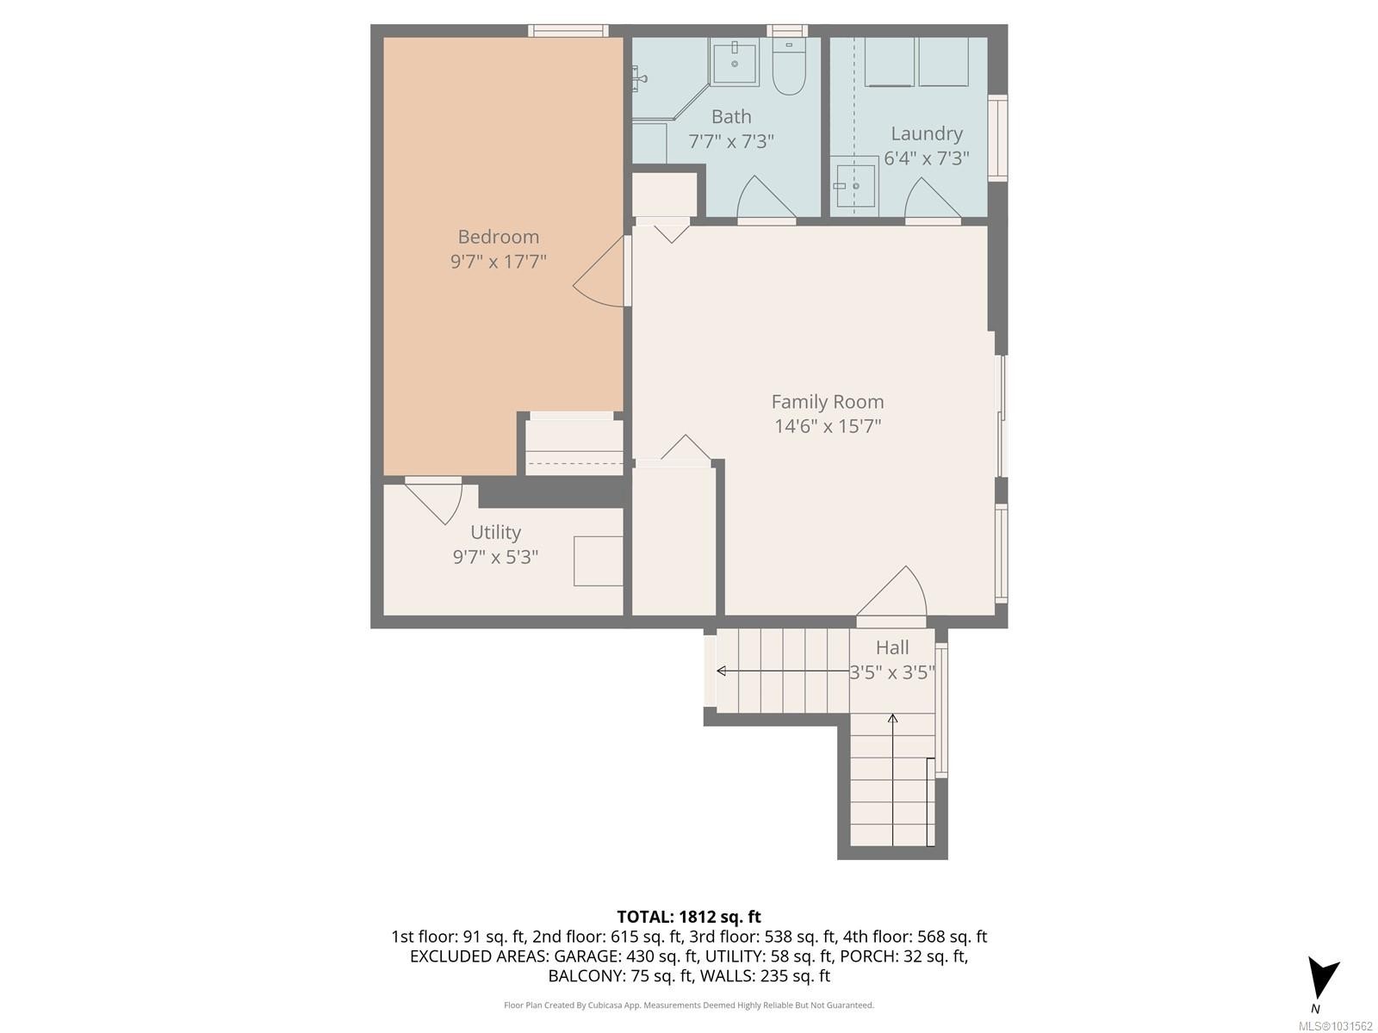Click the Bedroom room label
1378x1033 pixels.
[498, 237]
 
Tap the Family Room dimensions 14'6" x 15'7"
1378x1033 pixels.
[827, 426]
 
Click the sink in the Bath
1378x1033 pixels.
[735, 62]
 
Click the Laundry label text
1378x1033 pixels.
[926, 133]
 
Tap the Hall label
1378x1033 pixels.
[892, 647]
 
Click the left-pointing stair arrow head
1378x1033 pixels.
[721, 671]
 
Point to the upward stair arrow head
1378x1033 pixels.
[892, 718]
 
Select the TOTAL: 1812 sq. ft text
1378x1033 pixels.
[689, 917]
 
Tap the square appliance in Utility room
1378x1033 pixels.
[599, 561]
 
